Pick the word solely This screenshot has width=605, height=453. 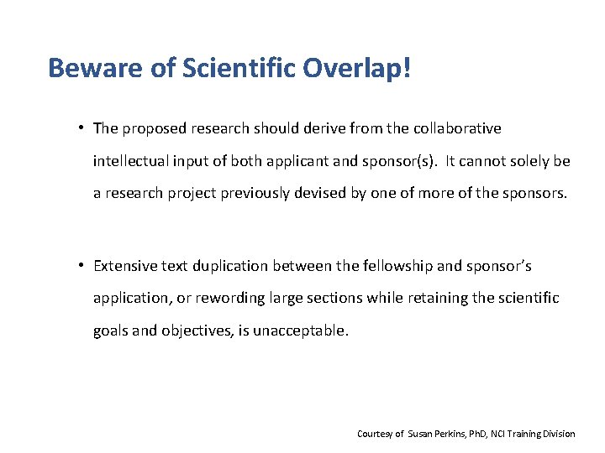[x=529, y=160]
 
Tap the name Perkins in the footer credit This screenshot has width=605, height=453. [x=447, y=434]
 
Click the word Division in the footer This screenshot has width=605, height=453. [x=559, y=434]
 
